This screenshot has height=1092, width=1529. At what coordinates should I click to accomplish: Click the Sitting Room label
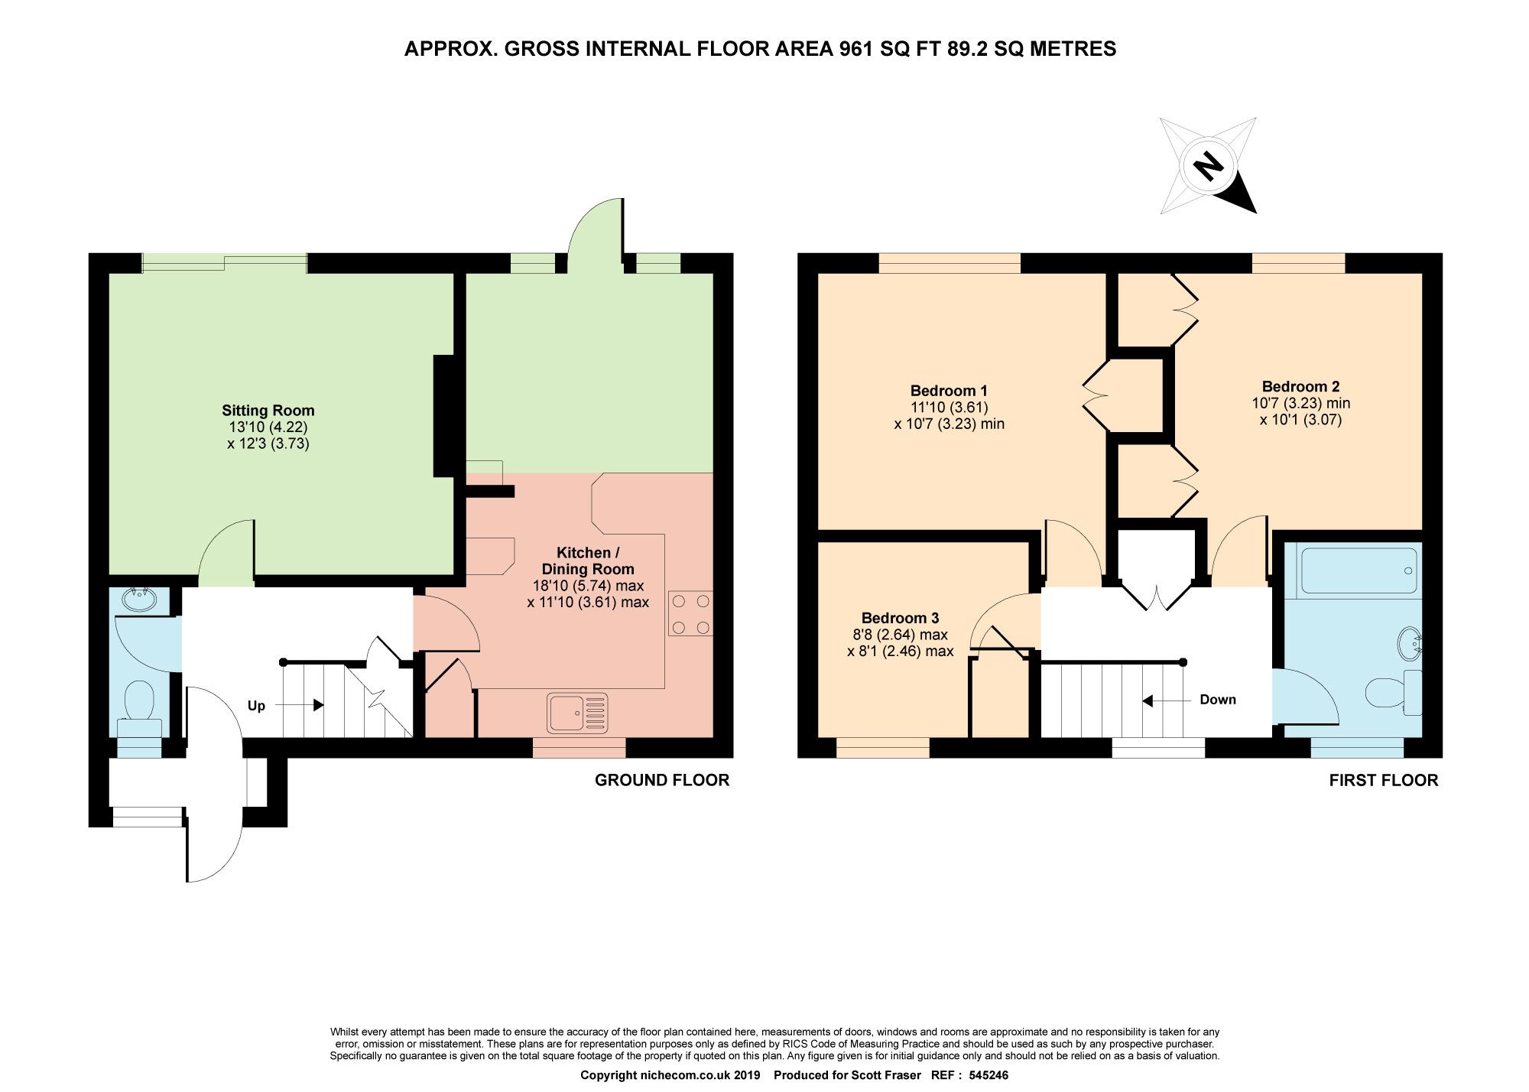tap(268, 411)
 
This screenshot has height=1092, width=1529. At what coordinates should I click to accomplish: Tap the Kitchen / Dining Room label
tap(587, 561)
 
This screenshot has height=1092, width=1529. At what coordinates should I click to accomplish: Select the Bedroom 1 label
tap(948, 391)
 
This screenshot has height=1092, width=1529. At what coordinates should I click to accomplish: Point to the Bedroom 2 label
tap(1300, 386)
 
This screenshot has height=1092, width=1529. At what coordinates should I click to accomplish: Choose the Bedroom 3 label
tap(900, 618)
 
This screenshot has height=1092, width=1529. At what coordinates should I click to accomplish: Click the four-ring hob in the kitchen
tap(690, 614)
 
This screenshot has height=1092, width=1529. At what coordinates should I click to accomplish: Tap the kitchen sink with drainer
tap(577, 713)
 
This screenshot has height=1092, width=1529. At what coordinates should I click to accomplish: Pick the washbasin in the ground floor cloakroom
tap(139, 598)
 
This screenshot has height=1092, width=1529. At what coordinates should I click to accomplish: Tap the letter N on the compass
tap(1208, 165)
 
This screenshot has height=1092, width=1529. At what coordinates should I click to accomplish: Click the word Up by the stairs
tap(256, 706)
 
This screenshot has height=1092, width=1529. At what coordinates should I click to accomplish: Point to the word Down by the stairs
tap(1217, 700)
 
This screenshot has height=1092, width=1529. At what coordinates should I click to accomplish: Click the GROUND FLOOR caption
tap(662, 780)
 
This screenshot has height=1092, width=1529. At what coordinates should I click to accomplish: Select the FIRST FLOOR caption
tap(1383, 780)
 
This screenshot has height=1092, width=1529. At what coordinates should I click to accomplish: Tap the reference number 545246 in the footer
tap(988, 1075)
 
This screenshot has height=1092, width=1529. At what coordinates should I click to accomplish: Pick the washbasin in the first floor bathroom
tap(1409, 644)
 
